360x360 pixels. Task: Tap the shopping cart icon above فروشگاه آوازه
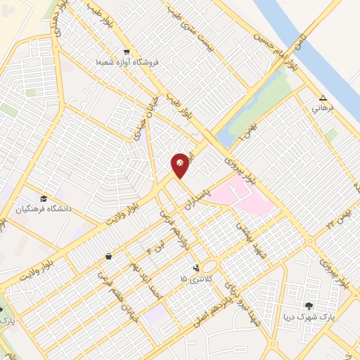[x=127, y=51]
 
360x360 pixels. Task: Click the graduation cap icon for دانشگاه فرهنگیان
[x=44, y=199]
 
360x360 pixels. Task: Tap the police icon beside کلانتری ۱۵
[x=196, y=268]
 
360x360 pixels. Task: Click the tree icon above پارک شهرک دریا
[x=307, y=306]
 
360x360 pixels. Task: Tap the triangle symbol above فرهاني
[x=323, y=98]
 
